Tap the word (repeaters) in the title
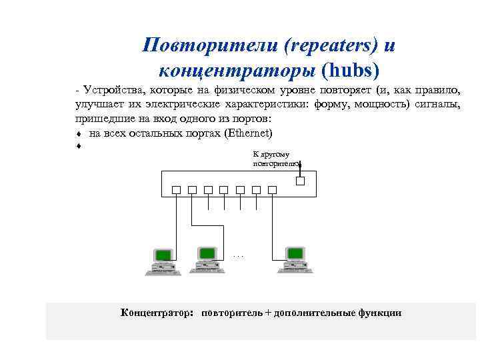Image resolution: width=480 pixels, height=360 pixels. click(330, 45)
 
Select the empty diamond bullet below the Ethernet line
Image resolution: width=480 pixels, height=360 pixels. click(79, 146)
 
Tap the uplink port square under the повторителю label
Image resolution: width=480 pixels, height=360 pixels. click(300, 180)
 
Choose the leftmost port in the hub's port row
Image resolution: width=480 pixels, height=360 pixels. click(176, 190)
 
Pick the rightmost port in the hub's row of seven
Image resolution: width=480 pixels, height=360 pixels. click(272, 190)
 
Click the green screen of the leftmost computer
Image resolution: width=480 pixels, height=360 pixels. click(162, 255)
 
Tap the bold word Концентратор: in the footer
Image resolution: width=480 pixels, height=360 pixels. click(157, 313)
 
